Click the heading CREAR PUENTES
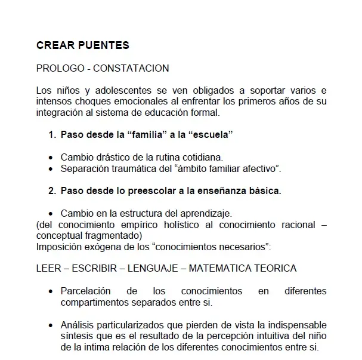pyautogui.click(x=82, y=45)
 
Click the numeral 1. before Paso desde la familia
pyautogui.click(x=52, y=135)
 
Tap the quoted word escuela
pyautogui.click(x=211, y=135)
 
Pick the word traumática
pyautogui.click(x=132, y=168)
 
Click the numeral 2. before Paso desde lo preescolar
pyautogui.click(x=52, y=191)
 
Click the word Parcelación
pyautogui.click(x=86, y=291)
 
